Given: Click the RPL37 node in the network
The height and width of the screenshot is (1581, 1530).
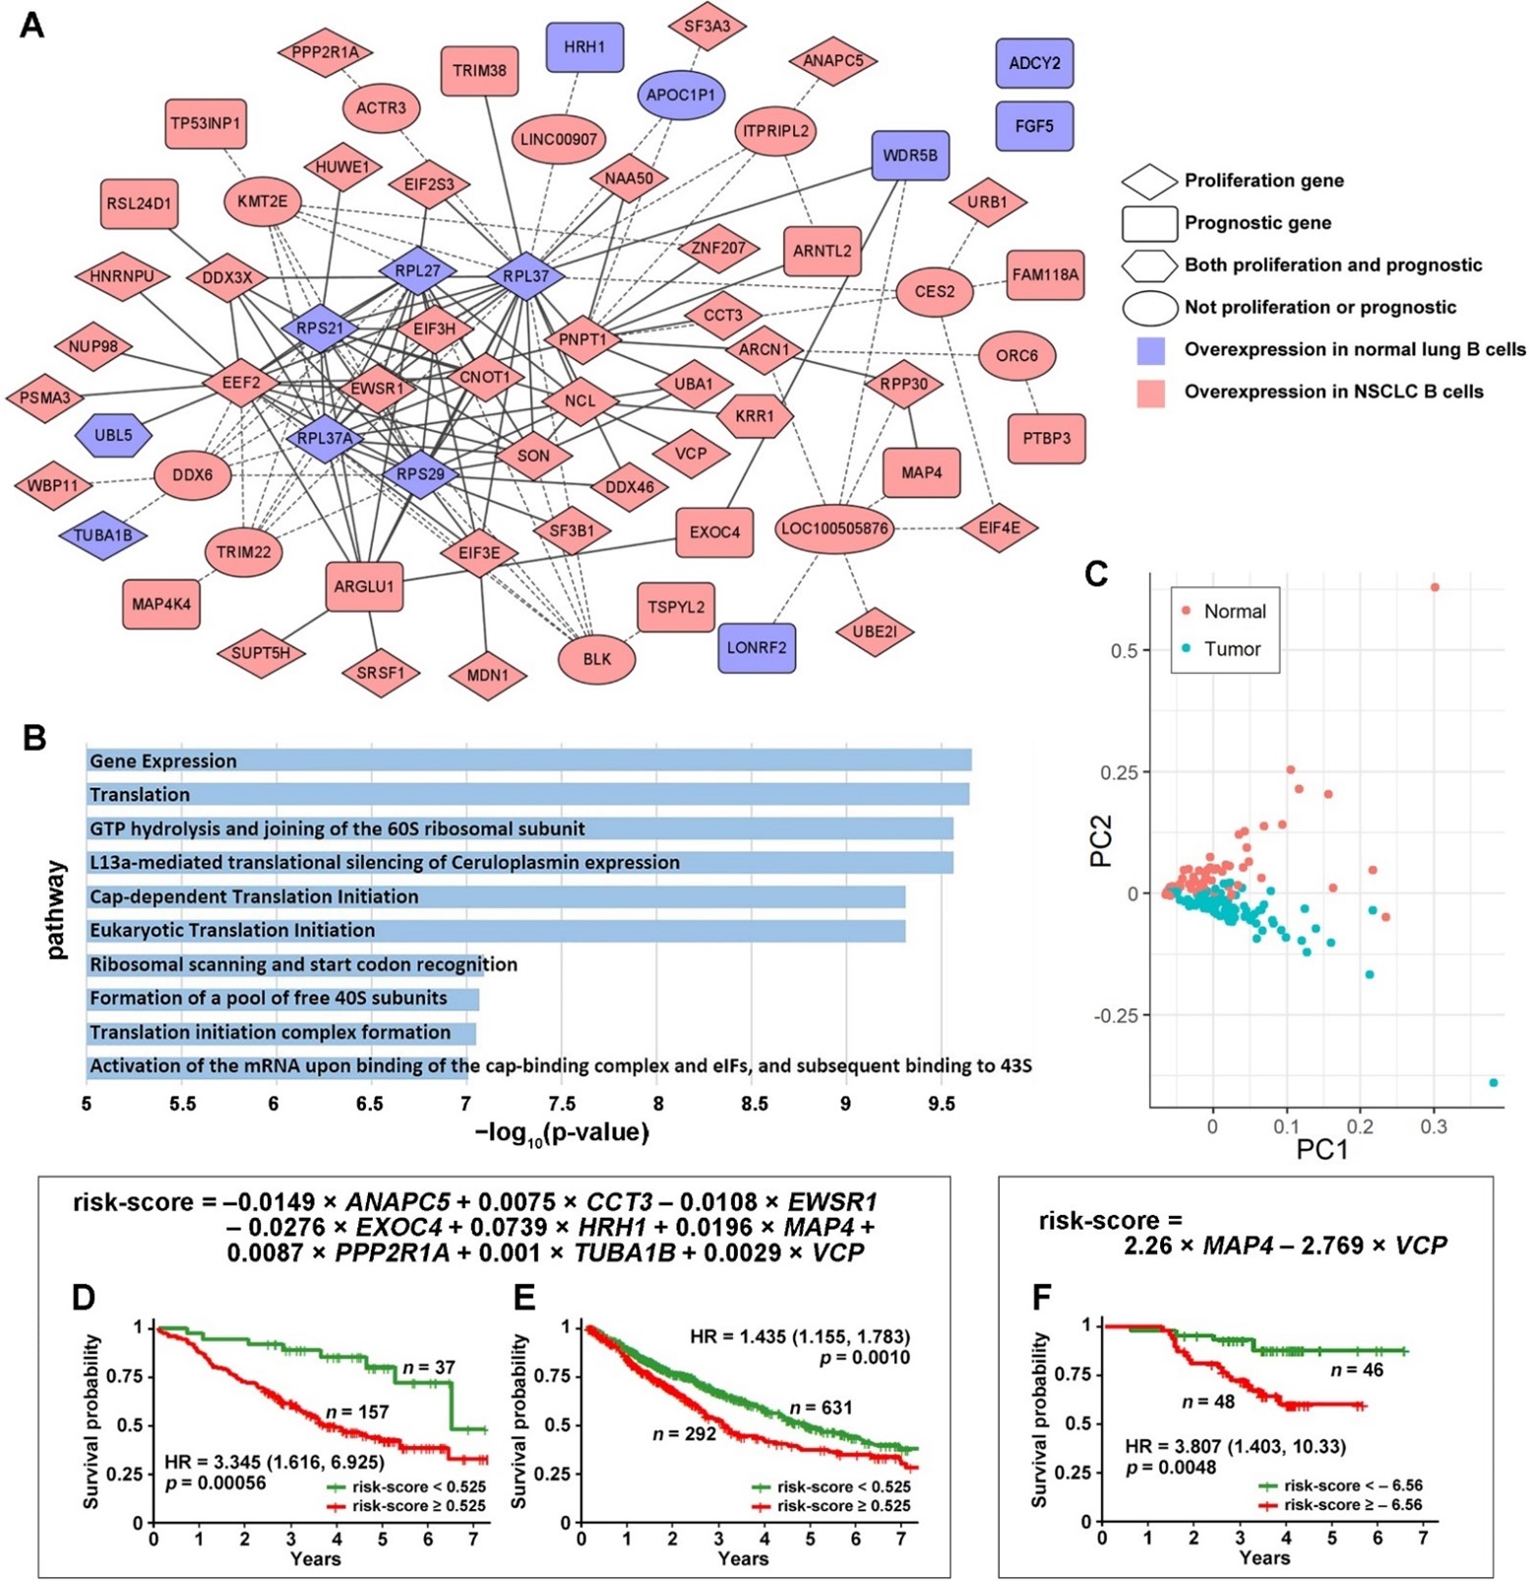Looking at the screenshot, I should point(526,276).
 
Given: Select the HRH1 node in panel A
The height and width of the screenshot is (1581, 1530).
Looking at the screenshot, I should point(584,47).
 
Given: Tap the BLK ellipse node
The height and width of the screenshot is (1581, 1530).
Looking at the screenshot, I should point(596,659).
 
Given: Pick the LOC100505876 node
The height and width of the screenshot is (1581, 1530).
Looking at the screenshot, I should point(834,528).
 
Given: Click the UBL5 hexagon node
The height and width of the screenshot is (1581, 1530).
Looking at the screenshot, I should point(113,435).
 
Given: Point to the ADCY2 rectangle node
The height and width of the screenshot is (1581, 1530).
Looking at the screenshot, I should point(1034,63).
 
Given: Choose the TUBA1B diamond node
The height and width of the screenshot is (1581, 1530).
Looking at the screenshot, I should point(103,535).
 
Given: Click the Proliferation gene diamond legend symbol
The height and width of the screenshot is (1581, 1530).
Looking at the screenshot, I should point(1149,181).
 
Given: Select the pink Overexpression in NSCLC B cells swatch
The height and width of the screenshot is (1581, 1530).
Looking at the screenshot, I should point(1150,393).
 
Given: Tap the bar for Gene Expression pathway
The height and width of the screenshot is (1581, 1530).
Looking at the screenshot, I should point(528,760).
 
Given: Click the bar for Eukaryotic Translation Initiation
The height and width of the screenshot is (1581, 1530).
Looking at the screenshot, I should point(496,930).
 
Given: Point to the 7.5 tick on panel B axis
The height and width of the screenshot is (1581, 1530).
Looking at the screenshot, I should point(562,1104).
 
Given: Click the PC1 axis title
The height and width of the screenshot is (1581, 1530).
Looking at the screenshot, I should point(1321,1149).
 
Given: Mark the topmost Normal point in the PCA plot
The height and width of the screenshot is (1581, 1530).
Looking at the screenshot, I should point(1435,587).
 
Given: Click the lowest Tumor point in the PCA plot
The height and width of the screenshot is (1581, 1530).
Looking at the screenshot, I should point(1494,1082).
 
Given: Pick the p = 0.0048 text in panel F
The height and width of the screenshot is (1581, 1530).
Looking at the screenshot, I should point(1171,1467).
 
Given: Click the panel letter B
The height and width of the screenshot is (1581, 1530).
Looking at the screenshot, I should point(34,738).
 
